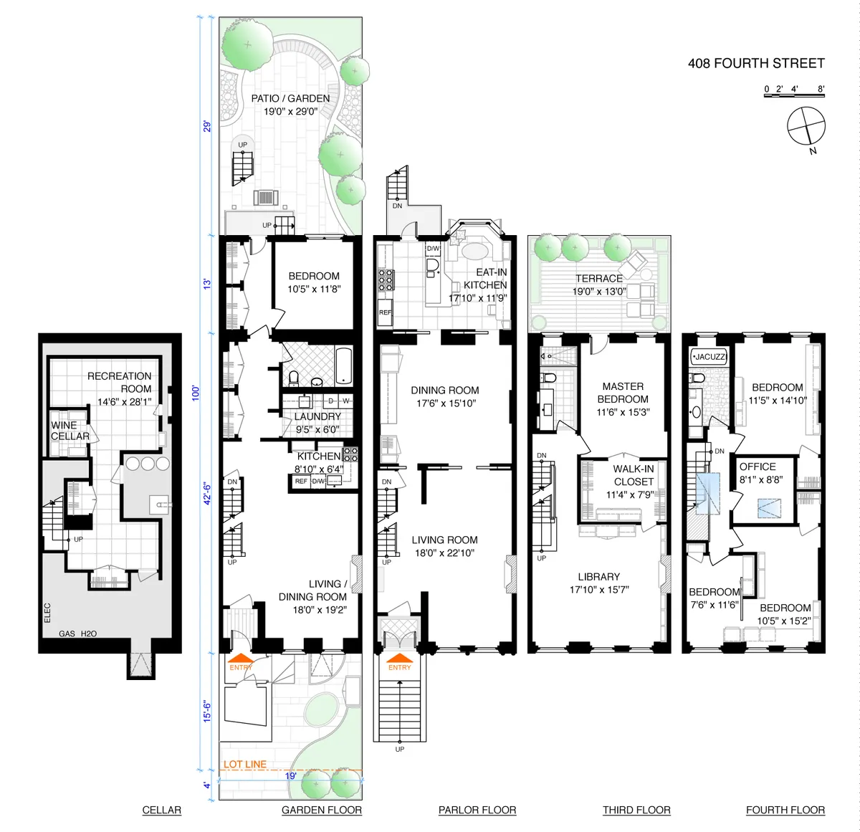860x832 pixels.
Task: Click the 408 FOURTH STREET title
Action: pos(756,63)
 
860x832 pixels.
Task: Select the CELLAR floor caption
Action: pos(162,810)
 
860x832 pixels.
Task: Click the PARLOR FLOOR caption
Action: pos(477,810)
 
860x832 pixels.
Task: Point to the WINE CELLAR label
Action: pos(70,431)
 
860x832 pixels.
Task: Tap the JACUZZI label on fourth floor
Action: pos(709,356)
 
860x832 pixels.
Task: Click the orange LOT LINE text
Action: pos(245,764)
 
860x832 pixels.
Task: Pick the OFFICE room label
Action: pos(758,467)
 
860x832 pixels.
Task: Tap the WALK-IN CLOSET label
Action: pos(634,476)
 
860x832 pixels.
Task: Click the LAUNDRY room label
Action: pos(317,416)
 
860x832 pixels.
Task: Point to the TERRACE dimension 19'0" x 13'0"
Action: pos(599,292)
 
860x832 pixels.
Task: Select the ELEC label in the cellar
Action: pos(47,612)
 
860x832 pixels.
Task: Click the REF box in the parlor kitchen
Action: pos(385,312)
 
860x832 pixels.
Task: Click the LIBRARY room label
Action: pos(599,577)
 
